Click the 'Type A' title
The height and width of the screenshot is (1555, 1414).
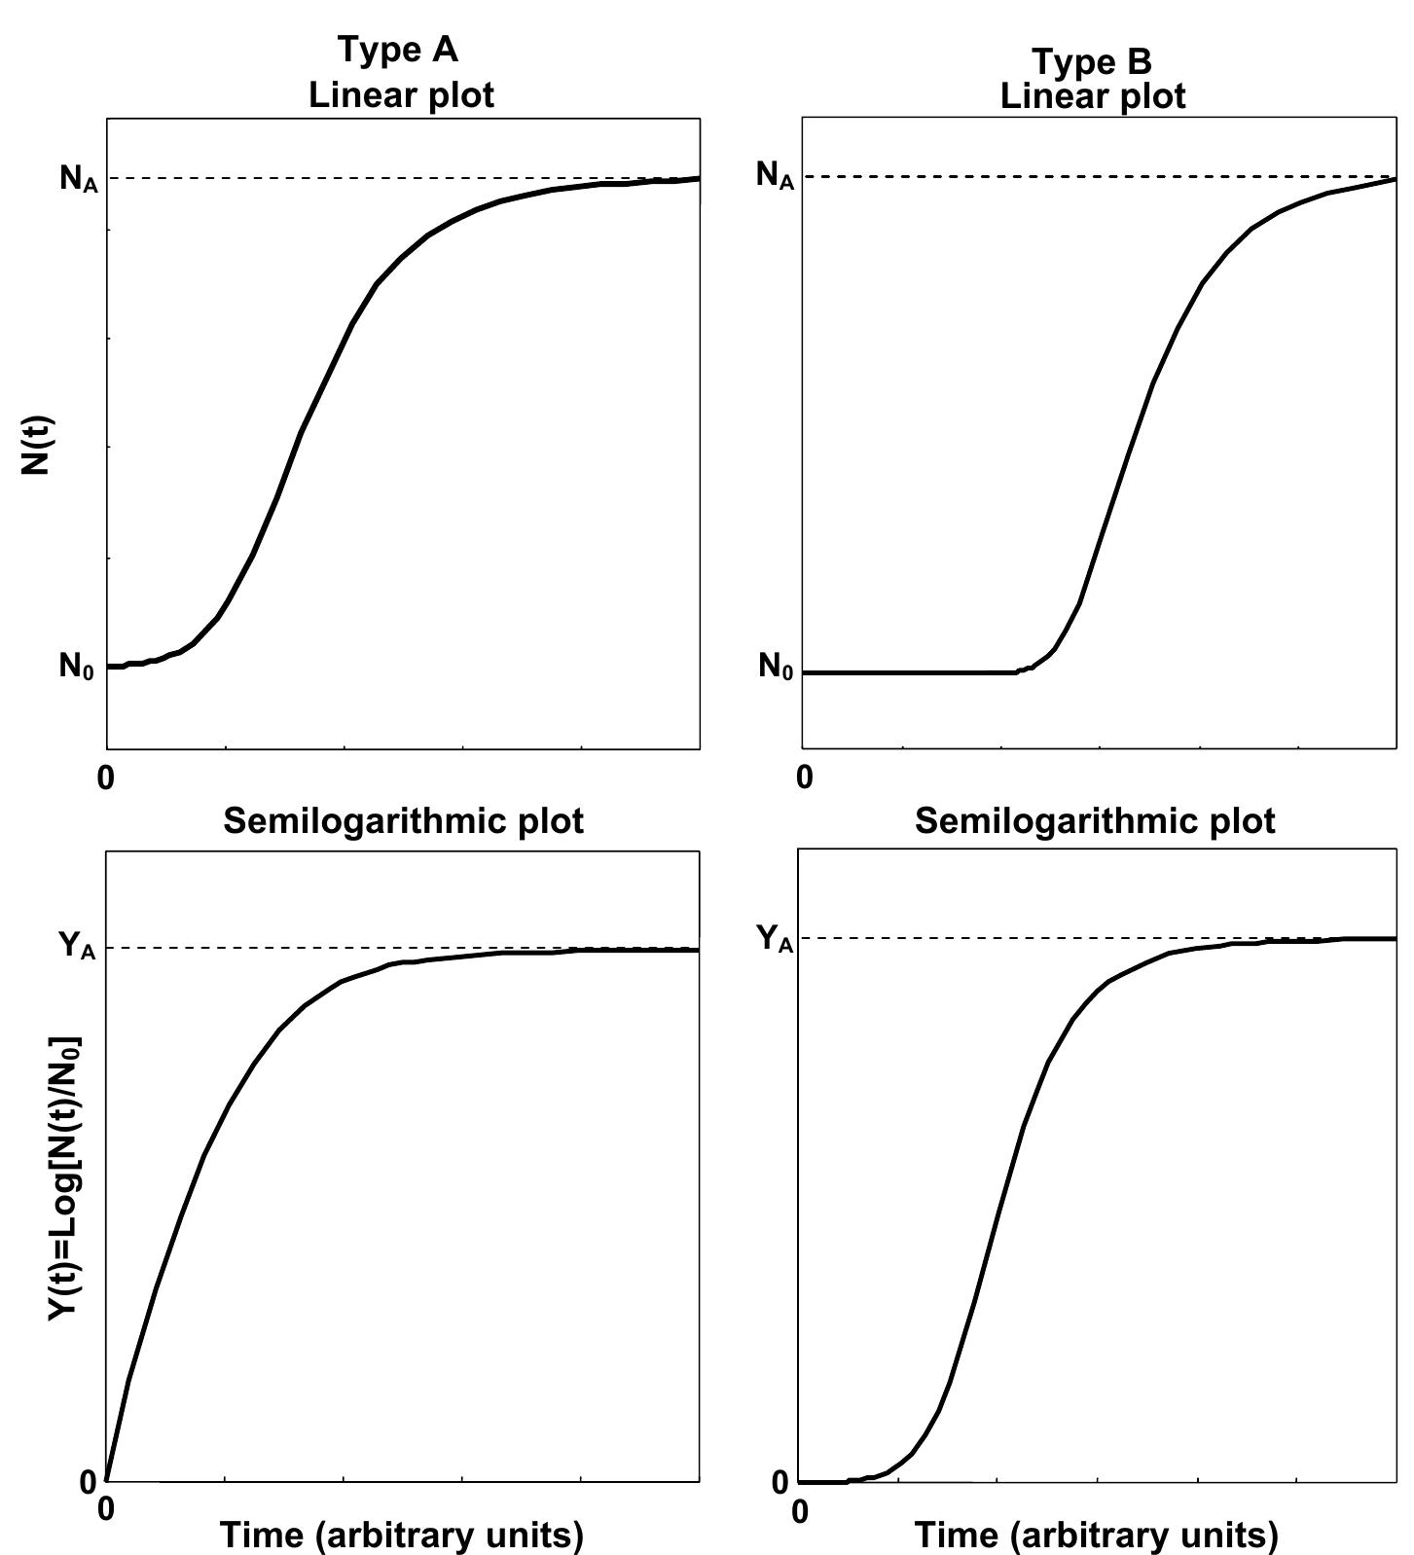click(397, 50)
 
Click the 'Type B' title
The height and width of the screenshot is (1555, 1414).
click(1092, 61)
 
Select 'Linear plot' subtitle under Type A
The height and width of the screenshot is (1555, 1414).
click(401, 95)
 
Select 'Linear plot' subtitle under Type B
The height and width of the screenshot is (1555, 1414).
click(1093, 96)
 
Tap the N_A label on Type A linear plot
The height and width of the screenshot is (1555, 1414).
click(79, 178)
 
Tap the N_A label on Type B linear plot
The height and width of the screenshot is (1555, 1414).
click(775, 176)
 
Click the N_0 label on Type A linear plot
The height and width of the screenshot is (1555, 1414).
click(77, 667)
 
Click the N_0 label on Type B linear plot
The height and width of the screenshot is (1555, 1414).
click(776, 668)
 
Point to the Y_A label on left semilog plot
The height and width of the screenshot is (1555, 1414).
click(77, 945)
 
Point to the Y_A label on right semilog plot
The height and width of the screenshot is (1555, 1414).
click(775, 938)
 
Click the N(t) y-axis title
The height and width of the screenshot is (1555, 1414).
click(36, 445)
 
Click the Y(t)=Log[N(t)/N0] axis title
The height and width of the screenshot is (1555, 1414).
click(63, 1176)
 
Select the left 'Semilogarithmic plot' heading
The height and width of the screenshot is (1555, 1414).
click(404, 821)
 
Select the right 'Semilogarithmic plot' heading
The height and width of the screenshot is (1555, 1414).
click(1095, 821)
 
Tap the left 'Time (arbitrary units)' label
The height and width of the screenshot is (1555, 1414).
click(402, 1535)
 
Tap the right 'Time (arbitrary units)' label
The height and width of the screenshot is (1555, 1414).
click(1096, 1535)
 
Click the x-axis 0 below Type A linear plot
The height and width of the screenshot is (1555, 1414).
click(106, 778)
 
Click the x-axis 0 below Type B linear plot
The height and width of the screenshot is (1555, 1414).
click(804, 777)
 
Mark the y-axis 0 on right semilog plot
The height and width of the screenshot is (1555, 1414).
click(780, 1483)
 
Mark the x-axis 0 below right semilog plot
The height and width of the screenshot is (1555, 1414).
click(800, 1511)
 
